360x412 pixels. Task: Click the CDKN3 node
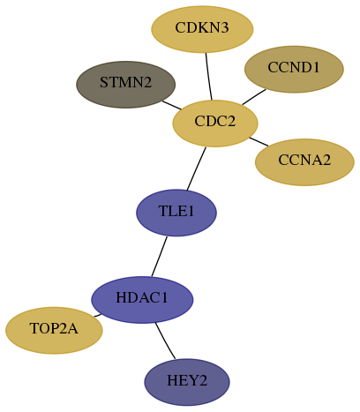click(202, 29)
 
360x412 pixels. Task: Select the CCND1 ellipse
click(294, 69)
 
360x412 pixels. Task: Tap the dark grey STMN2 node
click(126, 85)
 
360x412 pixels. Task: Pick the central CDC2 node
click(215, 124)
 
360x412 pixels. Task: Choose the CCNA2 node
click(304, 162)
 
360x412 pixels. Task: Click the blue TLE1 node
click(176, 213)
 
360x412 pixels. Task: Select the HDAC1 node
click(142, 300)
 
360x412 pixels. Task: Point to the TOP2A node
click(54, 330)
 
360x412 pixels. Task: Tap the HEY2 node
click(187, 382)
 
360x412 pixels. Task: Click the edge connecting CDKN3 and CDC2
click(208, 77)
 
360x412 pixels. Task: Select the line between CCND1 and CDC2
click(254, 97)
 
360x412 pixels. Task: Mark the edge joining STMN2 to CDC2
click(172, 105)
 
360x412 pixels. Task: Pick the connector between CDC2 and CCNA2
click(259, 141)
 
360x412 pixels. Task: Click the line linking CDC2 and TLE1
click(197, 169)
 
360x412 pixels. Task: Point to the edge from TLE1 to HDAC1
click(160, 256)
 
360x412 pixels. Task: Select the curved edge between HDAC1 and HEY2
click(164, 341)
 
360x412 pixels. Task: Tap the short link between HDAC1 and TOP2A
click(98, 315)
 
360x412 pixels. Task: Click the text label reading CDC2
click(215, 121)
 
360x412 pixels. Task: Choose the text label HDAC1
click(142, 297)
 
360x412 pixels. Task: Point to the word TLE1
click(176, 211)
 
